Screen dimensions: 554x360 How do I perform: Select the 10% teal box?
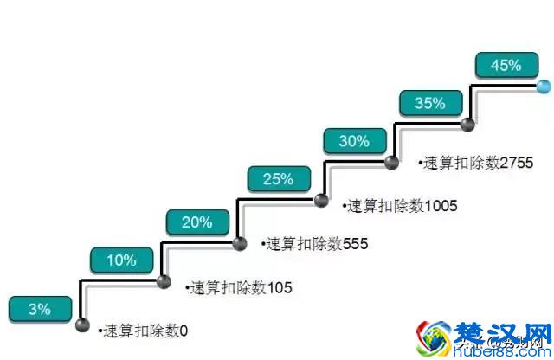[120, 260]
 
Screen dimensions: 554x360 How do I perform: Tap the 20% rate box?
[197, 222]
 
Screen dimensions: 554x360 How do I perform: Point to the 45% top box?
[506, 64]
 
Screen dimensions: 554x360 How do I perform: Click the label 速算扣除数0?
[143, 330]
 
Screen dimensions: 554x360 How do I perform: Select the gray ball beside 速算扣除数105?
[163, 282]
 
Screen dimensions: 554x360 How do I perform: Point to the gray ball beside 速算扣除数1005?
[321, 202]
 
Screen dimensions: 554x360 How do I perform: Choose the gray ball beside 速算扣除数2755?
[391, 162]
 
